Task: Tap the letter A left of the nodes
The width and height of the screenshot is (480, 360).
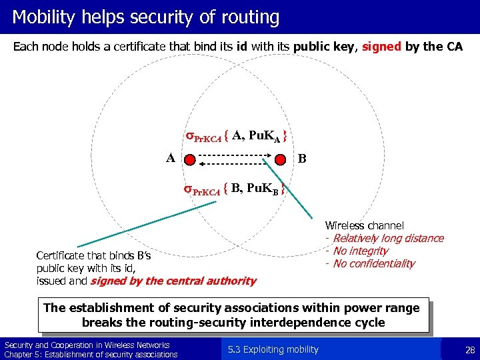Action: [171, 158]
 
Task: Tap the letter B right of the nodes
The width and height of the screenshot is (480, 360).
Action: [303, 159]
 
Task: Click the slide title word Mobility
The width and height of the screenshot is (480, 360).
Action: [43, 17]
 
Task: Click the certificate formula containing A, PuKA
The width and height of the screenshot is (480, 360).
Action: [237, 137]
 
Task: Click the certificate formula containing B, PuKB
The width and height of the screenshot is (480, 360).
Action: [237, 189]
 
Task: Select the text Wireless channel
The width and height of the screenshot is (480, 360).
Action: [364, 226]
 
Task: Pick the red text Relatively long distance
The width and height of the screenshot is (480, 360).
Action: [387, 239]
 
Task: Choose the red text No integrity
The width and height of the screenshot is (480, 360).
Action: [360, 251]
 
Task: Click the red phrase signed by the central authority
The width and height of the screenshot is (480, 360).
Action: [173, 281]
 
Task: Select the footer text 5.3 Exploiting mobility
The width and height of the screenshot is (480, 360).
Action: [273, 349]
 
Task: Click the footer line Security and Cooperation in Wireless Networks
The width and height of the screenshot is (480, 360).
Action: [87, 345]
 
